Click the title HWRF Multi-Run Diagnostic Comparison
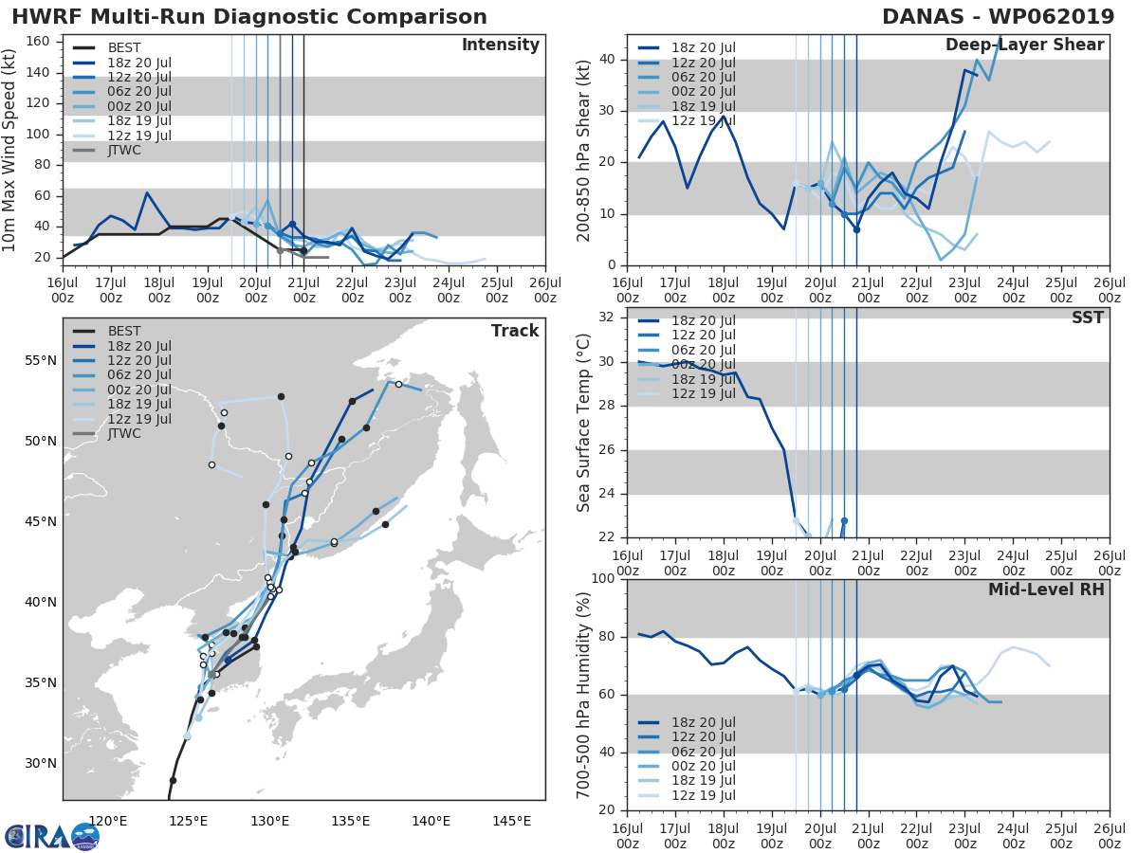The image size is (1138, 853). (249, 17)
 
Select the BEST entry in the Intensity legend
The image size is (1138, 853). (124, 47)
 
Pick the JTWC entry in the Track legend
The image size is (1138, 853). (124, 433)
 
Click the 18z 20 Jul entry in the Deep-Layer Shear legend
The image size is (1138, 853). (702, 47)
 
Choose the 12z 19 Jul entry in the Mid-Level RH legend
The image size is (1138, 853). (702, 795)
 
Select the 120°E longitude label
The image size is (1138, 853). (107, 820)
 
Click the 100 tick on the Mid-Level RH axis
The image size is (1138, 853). (600, 579)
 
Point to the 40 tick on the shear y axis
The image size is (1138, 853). (606, 60)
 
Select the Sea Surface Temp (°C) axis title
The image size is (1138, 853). (584, 423)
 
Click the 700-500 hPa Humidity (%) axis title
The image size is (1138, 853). (584, 694)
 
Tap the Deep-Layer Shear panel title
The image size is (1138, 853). (1024, 45)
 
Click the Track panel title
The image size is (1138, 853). (515, 331)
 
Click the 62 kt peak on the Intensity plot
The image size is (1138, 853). (147, 193)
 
